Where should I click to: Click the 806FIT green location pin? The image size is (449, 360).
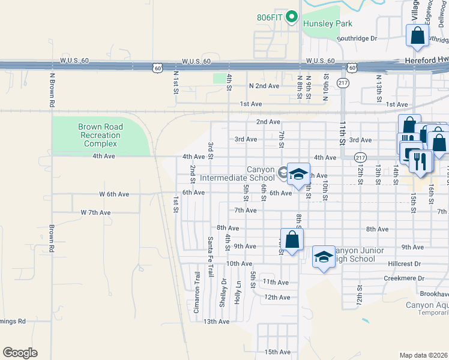coord(292,16)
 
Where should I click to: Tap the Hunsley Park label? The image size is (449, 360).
coord(328,23)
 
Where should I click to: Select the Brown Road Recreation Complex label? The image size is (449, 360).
coord(100,135)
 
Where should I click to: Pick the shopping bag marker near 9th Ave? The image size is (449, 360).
coord(292,239)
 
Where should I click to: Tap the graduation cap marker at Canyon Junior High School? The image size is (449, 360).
coord(324,257)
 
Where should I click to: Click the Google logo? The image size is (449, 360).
coord(20,353)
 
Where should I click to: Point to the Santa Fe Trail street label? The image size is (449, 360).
coord(211,257)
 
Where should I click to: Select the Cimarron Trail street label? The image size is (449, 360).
coord(196,293)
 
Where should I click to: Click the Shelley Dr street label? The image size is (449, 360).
coord(223,292)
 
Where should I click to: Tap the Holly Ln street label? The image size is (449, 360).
coord(238,292)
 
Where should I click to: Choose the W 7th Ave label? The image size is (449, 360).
coord(96,212)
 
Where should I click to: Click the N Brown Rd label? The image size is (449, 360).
coord(53,91)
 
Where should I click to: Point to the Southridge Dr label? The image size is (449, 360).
coord(356,38)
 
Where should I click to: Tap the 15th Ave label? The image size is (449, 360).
coord(277,352)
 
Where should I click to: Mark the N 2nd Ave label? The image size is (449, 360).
coord(265,86)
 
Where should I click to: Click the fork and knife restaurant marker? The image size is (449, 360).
coord(420,161)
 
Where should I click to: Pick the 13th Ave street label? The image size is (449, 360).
coord(217,322)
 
